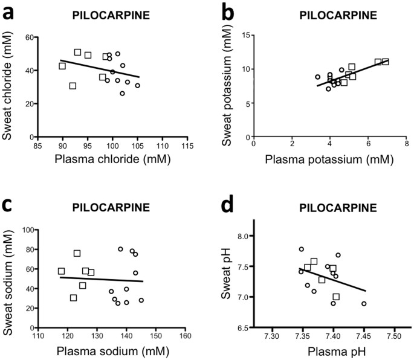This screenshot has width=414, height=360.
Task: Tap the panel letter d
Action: click(228, 208)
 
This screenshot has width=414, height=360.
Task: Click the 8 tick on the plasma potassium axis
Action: click(406, 146)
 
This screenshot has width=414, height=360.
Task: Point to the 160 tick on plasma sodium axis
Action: click(186, 337)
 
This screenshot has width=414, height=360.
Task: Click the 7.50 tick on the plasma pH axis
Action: click(394, 337)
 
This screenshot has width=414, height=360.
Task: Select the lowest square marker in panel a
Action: click(73, 86)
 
